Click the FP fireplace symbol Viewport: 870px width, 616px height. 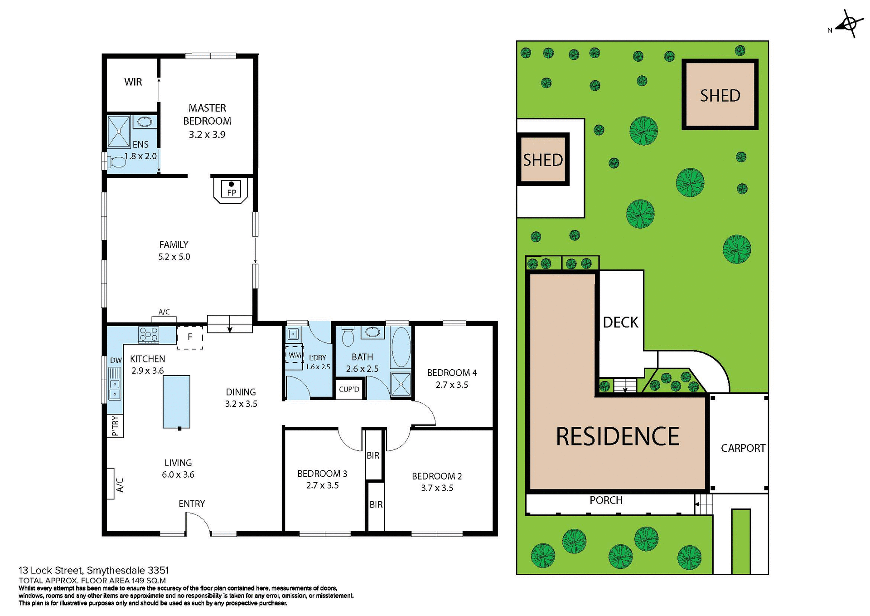[231, 189]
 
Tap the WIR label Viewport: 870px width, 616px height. [133, 82]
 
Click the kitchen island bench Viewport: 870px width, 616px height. [176, 401]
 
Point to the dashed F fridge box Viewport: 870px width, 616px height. [190, 337]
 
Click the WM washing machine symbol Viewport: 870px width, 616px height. [294, 355]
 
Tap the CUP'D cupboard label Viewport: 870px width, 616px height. [349, 390]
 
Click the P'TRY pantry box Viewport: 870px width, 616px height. [115, 426]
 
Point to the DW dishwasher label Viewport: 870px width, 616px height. [116, 360]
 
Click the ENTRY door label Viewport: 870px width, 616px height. [192, 504]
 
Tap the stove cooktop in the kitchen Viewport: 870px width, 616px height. [149, 335]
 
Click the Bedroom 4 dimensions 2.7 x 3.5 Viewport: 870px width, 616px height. [452, 385]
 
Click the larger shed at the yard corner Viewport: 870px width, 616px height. [720, 95]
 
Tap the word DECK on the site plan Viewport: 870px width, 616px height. [620, 323]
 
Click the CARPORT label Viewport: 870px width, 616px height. [743, 448]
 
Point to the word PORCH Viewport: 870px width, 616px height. [606, 500]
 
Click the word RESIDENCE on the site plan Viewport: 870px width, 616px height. [617, 436]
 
